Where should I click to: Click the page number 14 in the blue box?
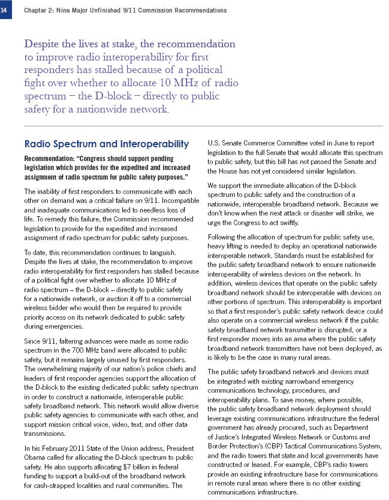click(5, 10)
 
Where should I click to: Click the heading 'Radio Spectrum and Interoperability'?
click(106, 144)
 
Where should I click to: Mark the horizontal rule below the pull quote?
click(203, 126)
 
